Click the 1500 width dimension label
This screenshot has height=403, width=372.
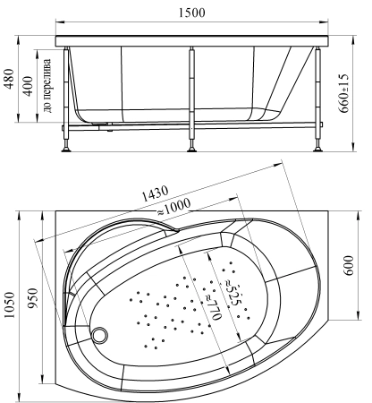pos(191,12)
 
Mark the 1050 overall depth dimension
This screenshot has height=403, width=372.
pos(10,306)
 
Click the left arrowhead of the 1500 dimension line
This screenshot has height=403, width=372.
pos(59,24)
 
